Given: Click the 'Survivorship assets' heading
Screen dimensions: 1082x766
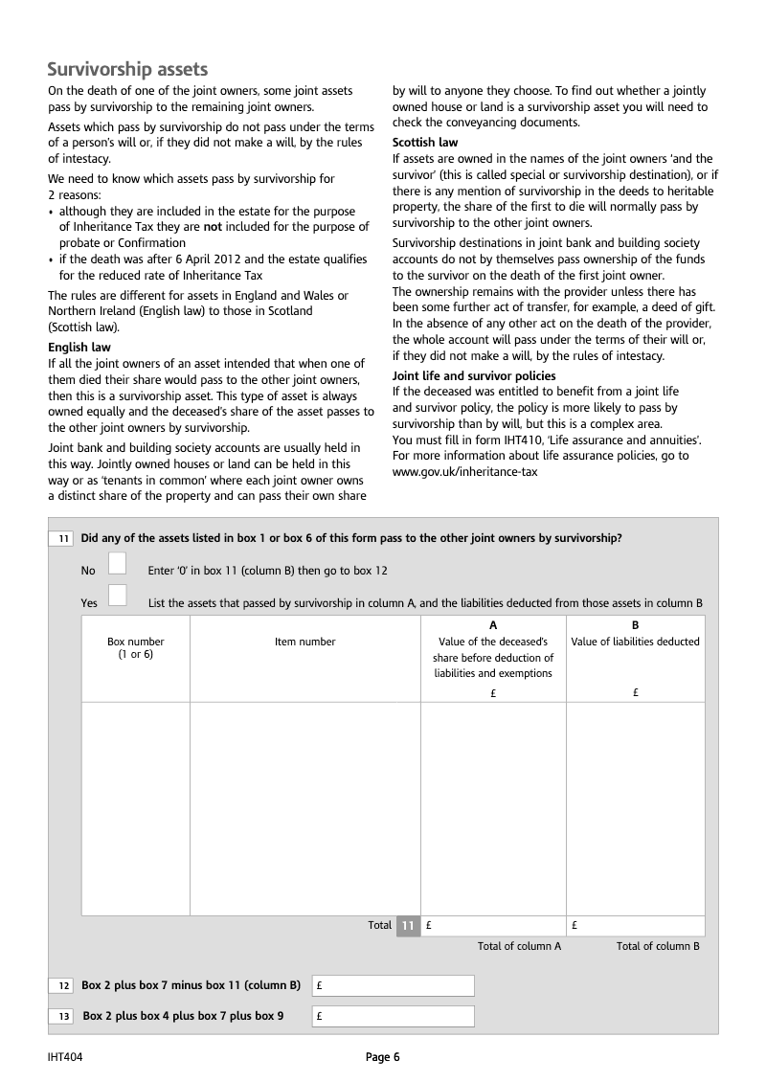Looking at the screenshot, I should tap(127, 69).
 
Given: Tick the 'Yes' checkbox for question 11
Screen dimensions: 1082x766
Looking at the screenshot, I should tap(117, 595).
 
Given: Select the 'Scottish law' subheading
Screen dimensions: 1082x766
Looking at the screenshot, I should tap(425, 143).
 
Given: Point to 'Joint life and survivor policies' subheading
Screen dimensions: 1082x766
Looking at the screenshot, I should tap(474, 375).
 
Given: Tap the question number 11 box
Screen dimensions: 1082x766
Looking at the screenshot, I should tap(62, 539).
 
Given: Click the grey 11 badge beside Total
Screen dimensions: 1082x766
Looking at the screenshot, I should tap(408, 926).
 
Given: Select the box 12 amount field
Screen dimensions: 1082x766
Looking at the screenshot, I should tap(393, 985).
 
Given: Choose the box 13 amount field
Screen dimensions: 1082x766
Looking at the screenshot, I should tap(393, 1017).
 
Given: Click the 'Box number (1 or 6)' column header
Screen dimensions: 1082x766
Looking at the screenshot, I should tap(135, 648).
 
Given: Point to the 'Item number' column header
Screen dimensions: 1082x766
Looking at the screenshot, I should tap(304, 642).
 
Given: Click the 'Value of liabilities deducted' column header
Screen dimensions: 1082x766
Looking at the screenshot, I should tap(635, 642).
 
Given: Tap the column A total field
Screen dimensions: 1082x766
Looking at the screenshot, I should tap(493, 926).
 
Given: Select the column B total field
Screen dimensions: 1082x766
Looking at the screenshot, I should tap(635, 926).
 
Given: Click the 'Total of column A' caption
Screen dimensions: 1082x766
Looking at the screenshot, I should tap(519, 946).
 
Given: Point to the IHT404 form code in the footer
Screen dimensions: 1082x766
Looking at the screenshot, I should tap(64, 1057).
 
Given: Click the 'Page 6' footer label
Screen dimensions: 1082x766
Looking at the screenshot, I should tap(382, 1057).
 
